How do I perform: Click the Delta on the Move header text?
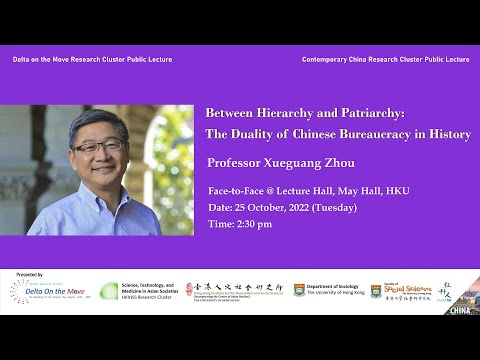pyautogui.click(x=92, y=60)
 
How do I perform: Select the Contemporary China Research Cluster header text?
pyautogui.click(x=385, y=60)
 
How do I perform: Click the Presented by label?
pyautogui.click(x=30, y=274)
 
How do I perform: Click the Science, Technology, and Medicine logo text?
pyautogui.click(x=151, y=290)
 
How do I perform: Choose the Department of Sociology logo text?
pyautogui.click(x=335, y=290)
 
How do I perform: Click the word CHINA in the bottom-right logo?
pyautogui.click(x=460, y=309)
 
